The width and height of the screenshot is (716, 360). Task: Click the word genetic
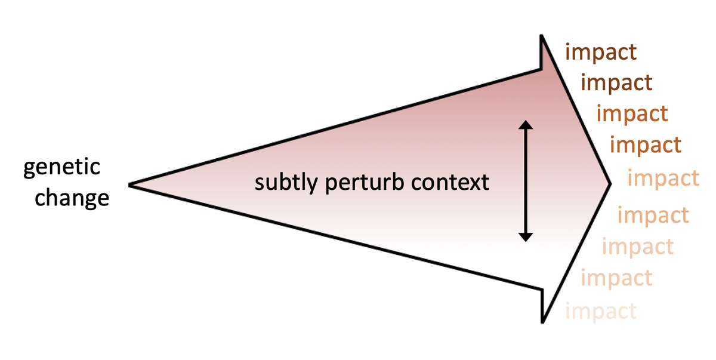[x=61, y=168]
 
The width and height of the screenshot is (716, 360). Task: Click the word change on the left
[x=72, y=197]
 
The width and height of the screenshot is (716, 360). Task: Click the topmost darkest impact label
[x=601, y=53]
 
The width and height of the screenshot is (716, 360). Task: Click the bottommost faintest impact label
[x=600, y=311]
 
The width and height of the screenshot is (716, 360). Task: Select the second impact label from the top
[x=616, y=82]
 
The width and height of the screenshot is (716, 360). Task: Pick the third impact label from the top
[x=632, y=113]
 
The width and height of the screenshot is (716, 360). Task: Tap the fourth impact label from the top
[x=645, y=144]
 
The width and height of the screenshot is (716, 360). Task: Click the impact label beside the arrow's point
[x=663, y=179]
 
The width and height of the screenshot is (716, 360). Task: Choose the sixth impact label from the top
[x=653, y=215]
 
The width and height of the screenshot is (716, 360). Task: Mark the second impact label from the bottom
[x=616, y=278]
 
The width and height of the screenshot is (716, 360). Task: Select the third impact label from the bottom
[x=637, y=246]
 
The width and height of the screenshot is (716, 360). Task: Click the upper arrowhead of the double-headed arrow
[x=525, y=125]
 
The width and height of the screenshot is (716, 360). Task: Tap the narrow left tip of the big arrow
[x=129, y=185]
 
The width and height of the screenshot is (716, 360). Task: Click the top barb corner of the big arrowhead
[x=542, y=38]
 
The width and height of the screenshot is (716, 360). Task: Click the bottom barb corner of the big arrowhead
[x=542, y=322]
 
